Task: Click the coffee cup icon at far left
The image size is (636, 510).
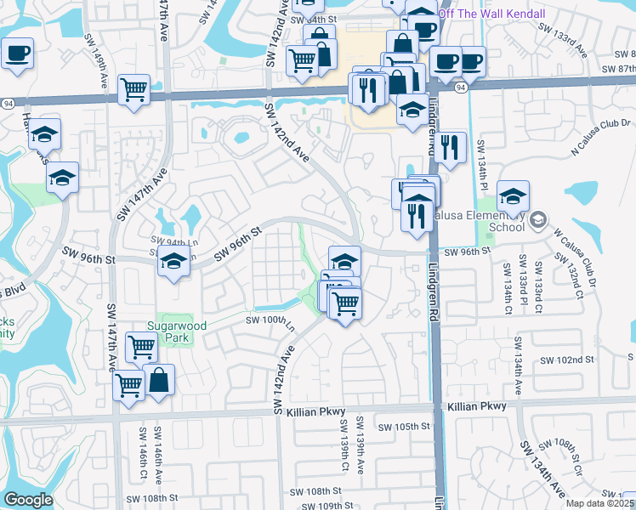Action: click(x=16, y=54)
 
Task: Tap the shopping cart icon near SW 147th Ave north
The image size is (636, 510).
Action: click(x=134, y=89)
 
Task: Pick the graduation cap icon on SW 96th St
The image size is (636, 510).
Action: click(x=173, y=263)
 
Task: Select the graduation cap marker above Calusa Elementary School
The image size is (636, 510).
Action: click(x=514, y=197)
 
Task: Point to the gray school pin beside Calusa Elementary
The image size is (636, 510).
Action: click(x=537, y=221)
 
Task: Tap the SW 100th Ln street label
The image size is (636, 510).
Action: click(x=270, y=320)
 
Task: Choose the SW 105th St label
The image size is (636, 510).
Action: click(x=400, y=427)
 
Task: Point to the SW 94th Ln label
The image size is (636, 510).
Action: click(x=173, y=241)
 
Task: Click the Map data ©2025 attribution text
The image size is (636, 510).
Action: click(x=599, y=503)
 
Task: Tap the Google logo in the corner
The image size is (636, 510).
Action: click(x=29, y=500)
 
